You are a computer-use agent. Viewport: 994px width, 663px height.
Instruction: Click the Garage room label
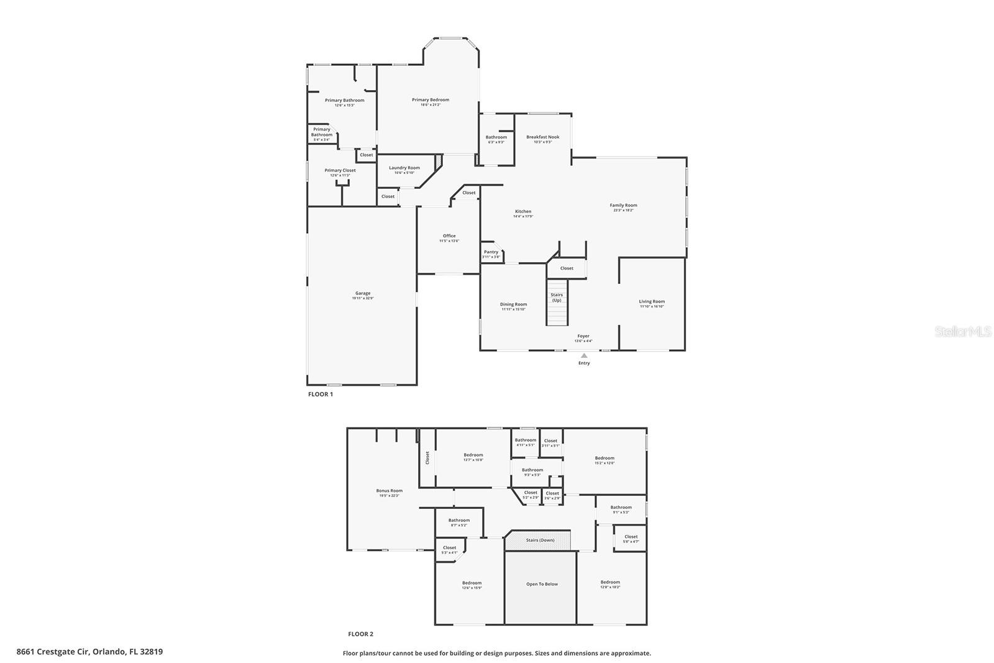point(363,293)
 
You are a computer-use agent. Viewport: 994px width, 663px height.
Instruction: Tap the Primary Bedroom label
point(430,99)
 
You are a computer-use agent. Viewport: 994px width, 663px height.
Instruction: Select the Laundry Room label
point(404,168)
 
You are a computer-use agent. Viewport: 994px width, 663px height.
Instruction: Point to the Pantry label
point(491,252)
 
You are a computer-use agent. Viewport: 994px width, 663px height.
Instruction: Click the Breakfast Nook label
point(542,137)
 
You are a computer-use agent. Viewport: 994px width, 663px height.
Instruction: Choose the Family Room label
point(623,205)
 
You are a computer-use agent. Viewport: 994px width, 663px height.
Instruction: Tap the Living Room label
point(652,302)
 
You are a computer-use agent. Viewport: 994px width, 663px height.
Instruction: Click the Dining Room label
point(513,304)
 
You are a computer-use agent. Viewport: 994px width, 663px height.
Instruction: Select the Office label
point(449,236)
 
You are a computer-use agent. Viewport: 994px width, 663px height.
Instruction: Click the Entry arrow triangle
point(584,355)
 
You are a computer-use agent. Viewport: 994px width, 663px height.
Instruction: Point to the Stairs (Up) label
point(557,298)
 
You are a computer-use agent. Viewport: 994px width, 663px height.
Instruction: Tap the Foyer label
point(583,336)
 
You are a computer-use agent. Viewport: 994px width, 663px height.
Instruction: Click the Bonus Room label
point(390,491)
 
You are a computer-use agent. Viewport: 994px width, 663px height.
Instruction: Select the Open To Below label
point(542,584)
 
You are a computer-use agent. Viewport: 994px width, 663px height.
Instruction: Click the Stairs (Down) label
point(540,540)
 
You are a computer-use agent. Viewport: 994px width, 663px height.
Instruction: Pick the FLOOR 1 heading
point(321,394)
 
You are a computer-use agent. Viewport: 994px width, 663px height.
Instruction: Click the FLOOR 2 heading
point(360,634)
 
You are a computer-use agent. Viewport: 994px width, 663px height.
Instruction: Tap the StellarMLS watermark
point(963,332)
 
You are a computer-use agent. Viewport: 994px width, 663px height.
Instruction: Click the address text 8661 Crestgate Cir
point(53,652)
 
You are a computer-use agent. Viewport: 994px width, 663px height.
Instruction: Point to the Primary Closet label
point(340,170)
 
